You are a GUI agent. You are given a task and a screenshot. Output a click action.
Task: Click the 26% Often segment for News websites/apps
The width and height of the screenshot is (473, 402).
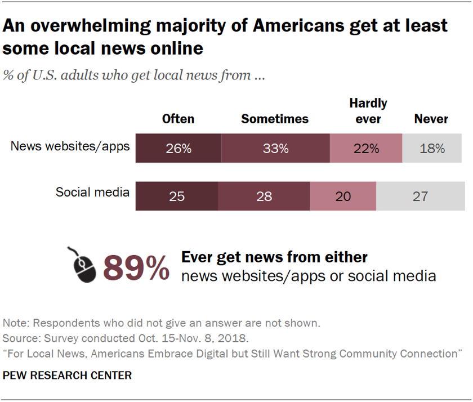179,149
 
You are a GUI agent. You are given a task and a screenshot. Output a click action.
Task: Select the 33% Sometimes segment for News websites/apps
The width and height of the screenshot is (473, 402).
275,149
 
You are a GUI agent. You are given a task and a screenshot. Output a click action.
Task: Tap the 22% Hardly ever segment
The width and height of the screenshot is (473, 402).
366,149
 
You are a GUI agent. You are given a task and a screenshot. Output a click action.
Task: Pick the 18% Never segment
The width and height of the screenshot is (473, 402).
433,149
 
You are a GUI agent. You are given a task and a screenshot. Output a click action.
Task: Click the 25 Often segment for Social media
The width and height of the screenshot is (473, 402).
177,196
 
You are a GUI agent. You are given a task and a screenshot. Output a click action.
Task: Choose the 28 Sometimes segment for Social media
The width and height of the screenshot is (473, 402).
264,196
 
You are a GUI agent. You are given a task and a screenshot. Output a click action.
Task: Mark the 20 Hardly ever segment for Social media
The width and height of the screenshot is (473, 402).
343,196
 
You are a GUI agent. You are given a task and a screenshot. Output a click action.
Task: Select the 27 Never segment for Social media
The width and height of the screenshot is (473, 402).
420,196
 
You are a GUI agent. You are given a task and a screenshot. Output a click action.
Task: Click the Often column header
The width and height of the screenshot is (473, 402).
178,119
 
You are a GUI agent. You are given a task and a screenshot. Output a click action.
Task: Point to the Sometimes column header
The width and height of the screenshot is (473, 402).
275,119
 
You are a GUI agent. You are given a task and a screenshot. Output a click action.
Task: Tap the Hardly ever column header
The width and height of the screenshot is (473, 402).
368,111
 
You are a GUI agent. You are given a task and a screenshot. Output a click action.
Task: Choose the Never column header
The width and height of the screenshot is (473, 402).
431,119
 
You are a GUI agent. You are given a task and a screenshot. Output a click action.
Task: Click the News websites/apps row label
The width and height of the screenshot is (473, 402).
70,146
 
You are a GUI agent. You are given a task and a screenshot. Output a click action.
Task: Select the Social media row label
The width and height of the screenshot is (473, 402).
92,192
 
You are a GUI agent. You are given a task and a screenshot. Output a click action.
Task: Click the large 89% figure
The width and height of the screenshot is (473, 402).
136,267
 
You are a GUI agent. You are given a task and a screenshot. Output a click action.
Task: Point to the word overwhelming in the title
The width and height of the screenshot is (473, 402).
96,26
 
